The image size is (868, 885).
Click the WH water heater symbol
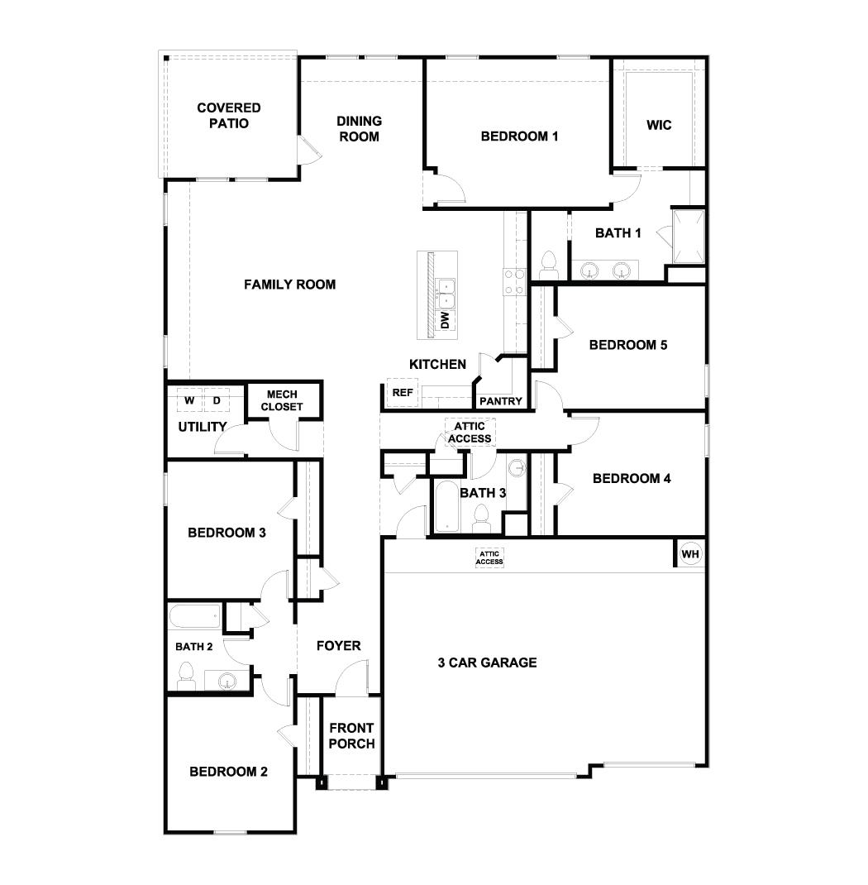click(690, 553)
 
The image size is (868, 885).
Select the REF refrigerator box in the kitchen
click(403, 393)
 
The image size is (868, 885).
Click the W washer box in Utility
click(189, 400)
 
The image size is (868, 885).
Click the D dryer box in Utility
click(217, 400)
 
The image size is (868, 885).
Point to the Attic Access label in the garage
click(489, 558)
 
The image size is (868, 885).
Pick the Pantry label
click(501, 402)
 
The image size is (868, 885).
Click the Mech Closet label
click(282, 400)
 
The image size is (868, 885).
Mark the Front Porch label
click(351, 735)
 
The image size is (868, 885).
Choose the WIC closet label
click(659, 126)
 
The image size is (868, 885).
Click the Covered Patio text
click(228, 116)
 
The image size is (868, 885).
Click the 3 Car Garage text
click(487, 663)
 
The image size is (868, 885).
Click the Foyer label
click(339, 645)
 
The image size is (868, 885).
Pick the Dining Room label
click(359, 129)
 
